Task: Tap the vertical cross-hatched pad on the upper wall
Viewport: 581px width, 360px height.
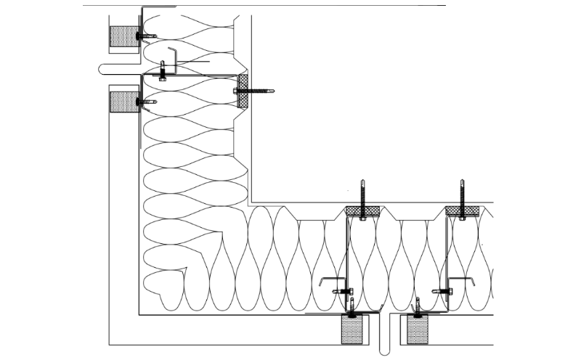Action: (243, 90)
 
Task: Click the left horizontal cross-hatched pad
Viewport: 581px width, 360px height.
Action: (362, 211)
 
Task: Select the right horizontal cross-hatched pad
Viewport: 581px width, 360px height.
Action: (462, 211)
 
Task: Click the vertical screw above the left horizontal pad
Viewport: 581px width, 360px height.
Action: (362, 192)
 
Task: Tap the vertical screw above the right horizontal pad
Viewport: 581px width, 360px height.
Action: (462, 192)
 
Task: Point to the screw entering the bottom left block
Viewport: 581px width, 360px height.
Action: (353, 308)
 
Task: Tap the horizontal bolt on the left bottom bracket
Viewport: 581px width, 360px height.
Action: (342, 292)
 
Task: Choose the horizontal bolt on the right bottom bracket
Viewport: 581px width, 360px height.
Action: (442, 292)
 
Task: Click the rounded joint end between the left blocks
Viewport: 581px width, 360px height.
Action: (102, 70)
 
